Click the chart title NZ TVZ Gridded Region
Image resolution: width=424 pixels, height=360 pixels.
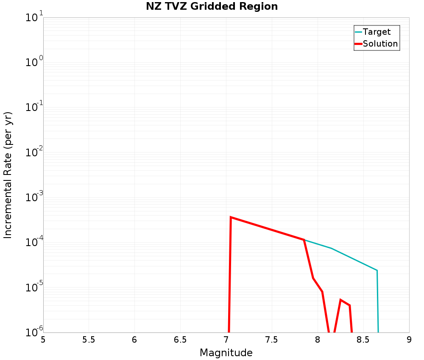212,7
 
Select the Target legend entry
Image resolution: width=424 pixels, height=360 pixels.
377,32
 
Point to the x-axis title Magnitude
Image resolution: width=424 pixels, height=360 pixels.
226,353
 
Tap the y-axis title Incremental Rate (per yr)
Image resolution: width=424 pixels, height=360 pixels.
8,175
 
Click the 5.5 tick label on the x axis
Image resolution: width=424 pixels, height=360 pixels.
89,340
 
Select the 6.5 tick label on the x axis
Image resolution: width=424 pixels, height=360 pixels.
180,340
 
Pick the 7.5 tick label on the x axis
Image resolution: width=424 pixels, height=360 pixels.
272,340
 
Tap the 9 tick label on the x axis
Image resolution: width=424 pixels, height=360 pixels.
409,340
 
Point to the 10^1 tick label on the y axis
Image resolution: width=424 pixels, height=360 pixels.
34,17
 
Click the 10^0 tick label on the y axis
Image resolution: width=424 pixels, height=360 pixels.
34,62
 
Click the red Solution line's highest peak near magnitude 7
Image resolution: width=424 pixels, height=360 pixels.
231,217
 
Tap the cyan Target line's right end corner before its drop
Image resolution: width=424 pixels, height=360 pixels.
377,270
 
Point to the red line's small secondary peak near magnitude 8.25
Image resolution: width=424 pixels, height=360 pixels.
340,300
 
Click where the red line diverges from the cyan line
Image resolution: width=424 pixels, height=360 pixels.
304,240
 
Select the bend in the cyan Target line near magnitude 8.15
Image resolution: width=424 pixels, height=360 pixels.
331,248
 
